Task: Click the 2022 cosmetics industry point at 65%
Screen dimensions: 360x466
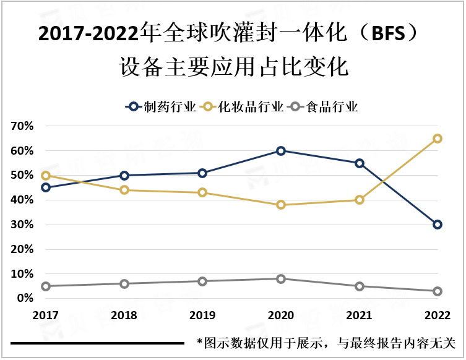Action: (x=438, y=139)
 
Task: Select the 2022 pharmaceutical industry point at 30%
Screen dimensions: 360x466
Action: (x=438, y=225)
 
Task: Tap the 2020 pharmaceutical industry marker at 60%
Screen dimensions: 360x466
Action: (x=281, y=151)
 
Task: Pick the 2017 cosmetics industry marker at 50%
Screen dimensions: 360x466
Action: (x=46, y=176)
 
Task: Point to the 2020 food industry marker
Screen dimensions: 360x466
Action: (x=281, y=279)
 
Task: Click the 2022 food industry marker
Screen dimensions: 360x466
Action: (x=438, y=291)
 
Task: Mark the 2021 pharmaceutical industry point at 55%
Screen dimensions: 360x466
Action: (x=360, y=163)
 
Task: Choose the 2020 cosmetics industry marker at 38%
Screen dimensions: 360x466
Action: (x=281, y=205)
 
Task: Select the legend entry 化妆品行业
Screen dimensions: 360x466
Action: (x=251, y=106)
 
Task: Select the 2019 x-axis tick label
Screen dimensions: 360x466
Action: (x=202, y=315)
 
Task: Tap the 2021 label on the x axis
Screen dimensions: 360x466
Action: (x=360, y=315)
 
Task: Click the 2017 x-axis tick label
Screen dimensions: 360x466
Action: (x=46, y=315)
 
